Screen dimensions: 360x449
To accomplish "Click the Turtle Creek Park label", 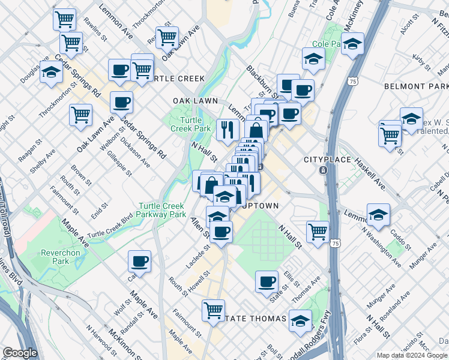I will click(x=190, y=124).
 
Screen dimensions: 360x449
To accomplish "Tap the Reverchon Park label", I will click(x=60, y=257).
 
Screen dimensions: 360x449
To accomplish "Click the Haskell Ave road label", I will click(x=369, y=172).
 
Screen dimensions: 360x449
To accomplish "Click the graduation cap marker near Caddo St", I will click(x=378, y=214).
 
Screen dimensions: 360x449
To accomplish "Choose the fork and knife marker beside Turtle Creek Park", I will click(x=227, y=130).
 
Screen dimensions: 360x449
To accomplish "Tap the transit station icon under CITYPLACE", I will click(x=323, y=170).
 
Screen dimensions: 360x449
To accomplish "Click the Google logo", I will click(x=20, y=353).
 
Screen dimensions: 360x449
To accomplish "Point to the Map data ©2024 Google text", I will click(x=412, y=355).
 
